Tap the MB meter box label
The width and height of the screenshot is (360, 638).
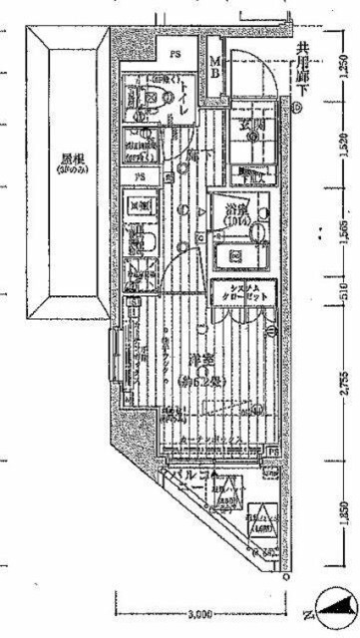(212, 73)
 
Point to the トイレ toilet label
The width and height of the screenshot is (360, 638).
(186, 101)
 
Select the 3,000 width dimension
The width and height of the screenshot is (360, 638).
(199, 611)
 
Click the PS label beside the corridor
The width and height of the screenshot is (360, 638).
(141, 179)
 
